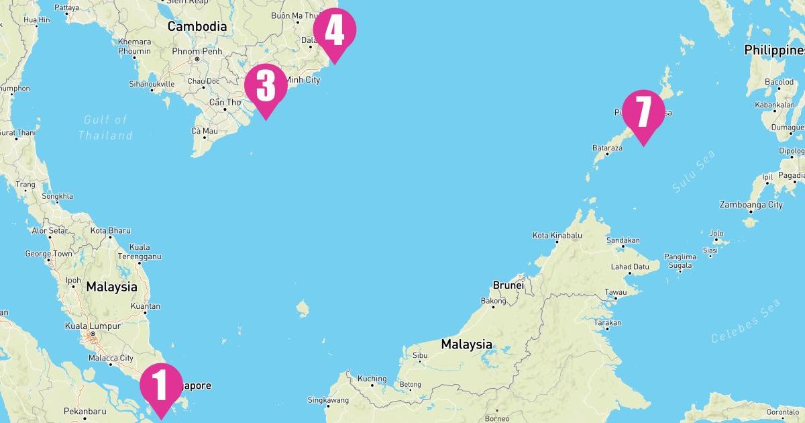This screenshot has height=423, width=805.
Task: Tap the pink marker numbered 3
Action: (x=266, y=87)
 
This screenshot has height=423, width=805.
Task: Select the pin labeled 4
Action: (x=334, y=31)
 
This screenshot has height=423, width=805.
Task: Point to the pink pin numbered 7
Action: (x=643, y=113)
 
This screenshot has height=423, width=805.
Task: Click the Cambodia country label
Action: (x=197, y=27)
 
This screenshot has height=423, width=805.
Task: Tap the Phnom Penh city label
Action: (x=197, y=51)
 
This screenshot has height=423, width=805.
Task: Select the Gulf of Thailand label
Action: (x=105, y=128)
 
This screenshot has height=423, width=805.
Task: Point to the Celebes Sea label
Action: (x=746, y=322)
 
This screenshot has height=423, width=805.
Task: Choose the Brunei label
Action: (x=508, y=285)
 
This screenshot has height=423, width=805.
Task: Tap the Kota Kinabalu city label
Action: (x=557, y=236)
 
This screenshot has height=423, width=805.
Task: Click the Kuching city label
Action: (x=372, y=379)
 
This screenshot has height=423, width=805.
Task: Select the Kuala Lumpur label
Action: (x=93, y=326)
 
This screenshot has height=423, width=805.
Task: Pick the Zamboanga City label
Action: (x=751, y=205)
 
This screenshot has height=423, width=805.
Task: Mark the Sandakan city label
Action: (x=623, y=240)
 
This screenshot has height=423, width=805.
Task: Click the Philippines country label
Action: (x=774, y=50)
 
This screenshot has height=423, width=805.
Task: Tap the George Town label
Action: (x=48, y=254)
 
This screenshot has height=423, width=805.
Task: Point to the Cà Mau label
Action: (x=205, y=131)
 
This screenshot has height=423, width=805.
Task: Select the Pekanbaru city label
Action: (x=85, y=411)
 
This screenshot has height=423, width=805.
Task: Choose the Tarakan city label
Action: (x=607, y=323)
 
